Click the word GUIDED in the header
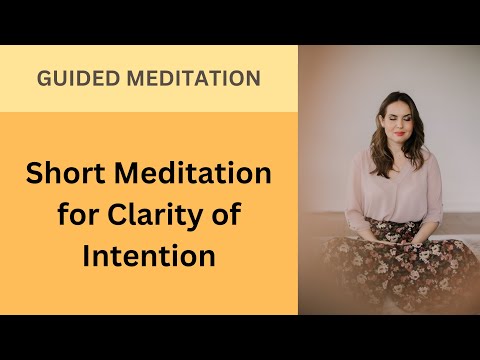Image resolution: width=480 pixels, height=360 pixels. coord(74,78)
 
